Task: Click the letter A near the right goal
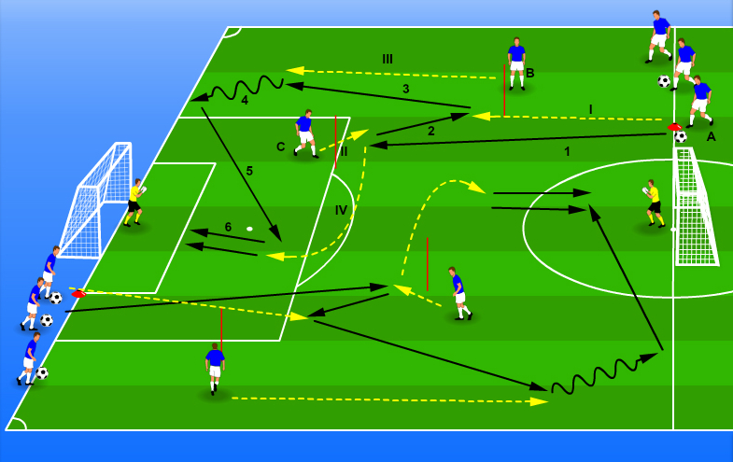711,136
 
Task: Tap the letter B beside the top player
529,73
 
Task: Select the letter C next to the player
280,147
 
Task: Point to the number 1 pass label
567,151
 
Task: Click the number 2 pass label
430,132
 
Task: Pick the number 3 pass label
405,90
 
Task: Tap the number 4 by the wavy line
245,100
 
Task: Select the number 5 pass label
249,171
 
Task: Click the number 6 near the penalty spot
228,227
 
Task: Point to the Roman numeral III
388,59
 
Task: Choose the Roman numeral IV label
341,210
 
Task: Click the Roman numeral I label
590,109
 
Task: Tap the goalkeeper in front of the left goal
135,202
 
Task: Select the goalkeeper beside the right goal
653,203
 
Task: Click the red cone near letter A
674,127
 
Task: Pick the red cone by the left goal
78,293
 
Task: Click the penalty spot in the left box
249,229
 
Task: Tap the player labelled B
516,63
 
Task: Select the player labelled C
304,133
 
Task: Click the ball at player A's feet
681,137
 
